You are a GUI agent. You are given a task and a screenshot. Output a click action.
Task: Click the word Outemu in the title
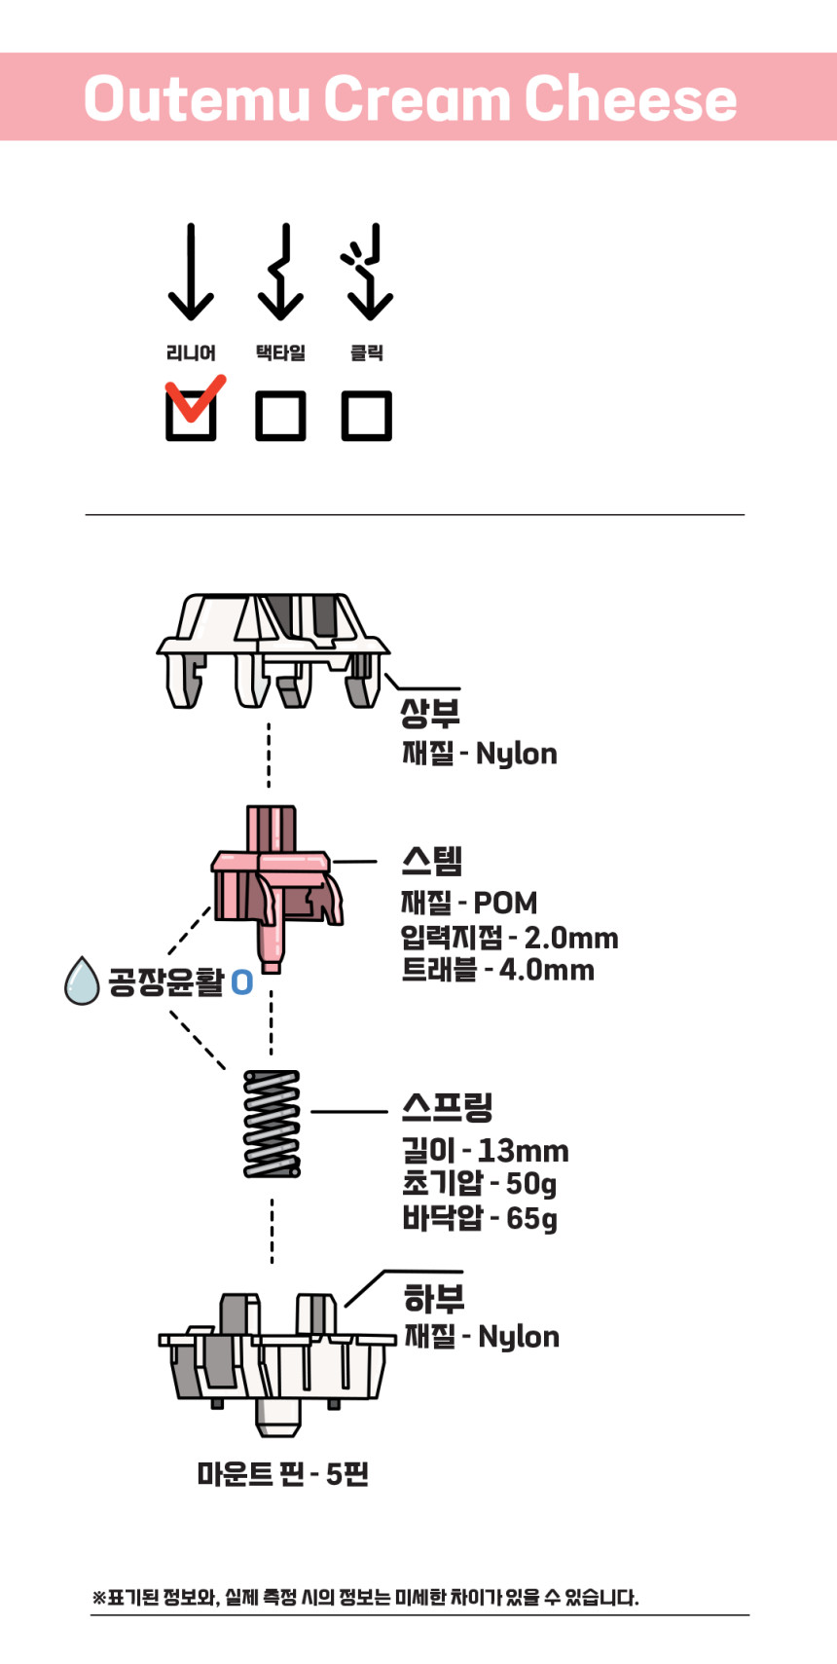[x=197, y=98]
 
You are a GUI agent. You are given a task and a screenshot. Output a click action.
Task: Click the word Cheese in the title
[x=631, y=98]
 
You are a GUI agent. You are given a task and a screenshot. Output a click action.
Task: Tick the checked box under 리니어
[x=192, y=416]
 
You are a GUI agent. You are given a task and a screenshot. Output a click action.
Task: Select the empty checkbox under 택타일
[x=280, y=416]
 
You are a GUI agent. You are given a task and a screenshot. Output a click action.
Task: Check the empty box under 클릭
[x=367, y=416]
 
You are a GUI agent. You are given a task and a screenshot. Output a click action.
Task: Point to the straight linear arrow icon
[x=191, y=271]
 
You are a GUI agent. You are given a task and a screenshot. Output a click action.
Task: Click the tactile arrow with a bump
[x=280, y=271]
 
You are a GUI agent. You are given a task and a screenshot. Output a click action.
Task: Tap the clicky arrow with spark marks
[x=368, y=271]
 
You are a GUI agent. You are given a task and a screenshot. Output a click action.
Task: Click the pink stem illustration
[x=277, y=889]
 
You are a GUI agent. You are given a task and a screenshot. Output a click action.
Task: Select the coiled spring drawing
[x=272, y=1124]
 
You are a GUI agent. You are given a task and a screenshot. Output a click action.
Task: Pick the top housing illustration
[x=273, y=650]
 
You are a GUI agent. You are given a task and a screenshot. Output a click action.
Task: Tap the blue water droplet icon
[x=82, y=981]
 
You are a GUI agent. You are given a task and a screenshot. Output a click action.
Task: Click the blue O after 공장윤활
[x=242, y=982]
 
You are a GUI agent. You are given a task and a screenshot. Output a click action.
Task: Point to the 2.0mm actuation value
[x=571, y=939]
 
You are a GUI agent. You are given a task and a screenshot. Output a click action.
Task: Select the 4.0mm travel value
[x=547, y=970]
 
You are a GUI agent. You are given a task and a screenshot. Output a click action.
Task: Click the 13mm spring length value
[x=523, y=1151]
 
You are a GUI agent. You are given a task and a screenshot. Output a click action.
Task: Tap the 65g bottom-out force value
[x=531, y=1219]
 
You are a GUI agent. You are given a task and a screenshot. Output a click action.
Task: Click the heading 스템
[x=432, y=861]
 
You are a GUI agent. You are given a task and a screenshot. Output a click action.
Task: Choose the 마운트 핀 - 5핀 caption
[x=283, y=1474]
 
